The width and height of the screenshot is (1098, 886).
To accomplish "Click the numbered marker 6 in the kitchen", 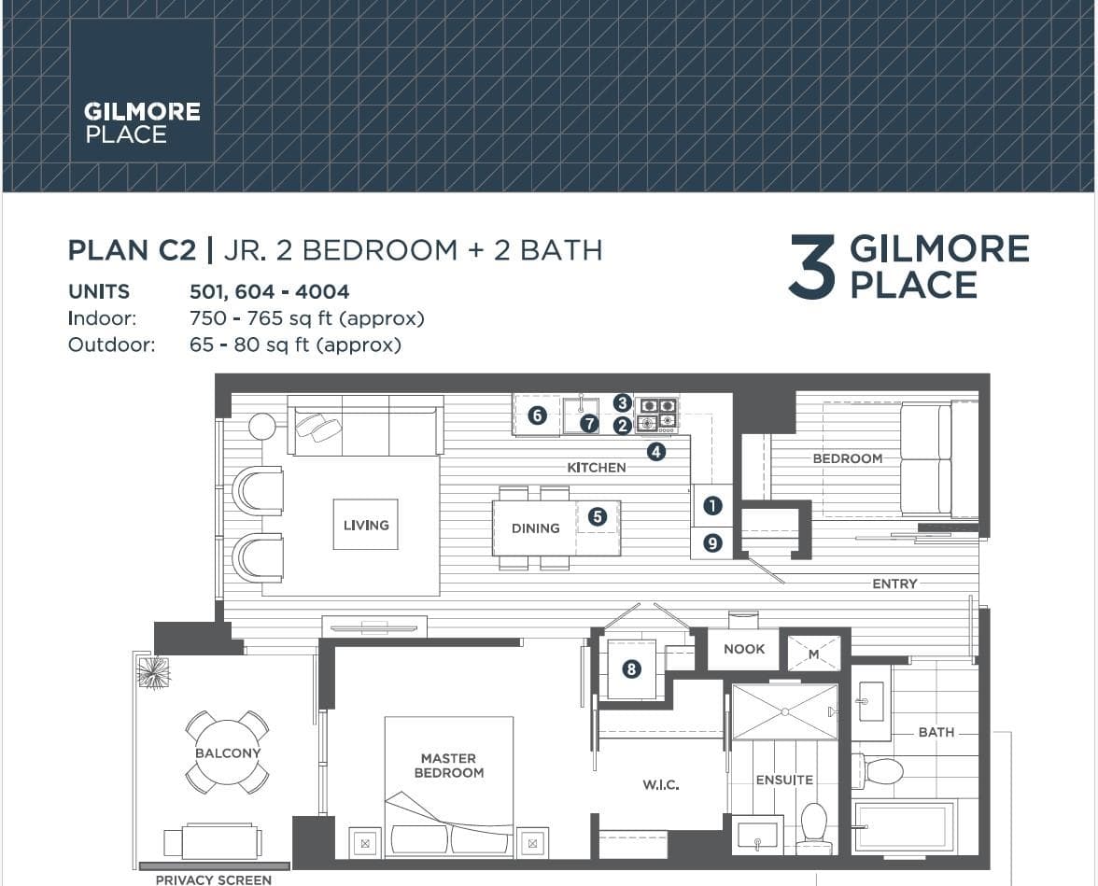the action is [x=537, y=415].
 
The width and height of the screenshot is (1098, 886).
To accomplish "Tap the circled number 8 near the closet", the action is [x=631, y=668].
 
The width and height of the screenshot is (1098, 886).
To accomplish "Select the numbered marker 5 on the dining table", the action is [x=597, y=517].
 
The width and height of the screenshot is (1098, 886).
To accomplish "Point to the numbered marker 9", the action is [x=712, y=542].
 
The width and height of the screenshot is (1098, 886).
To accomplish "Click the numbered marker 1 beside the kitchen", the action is [x=712, y=506].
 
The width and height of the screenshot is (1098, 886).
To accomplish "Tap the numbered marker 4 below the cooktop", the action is [x=655, y=452].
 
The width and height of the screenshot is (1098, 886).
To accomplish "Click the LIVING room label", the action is [x=366, y=526].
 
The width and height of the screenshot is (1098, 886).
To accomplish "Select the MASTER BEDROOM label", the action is [x=449, y=766].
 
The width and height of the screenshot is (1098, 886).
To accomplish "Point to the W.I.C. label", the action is [x=661, y=785].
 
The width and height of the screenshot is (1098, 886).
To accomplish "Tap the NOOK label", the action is [x=744, y=649].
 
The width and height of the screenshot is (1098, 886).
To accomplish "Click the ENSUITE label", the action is [x=784, y=781].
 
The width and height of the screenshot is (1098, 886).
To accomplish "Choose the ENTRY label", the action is [x=894, y=584].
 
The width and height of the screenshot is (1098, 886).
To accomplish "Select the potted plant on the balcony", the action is [x=153, y=673].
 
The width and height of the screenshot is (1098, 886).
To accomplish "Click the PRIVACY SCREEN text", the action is [x=214, y=879].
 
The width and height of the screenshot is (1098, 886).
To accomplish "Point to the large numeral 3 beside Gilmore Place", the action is [x=813, y=267].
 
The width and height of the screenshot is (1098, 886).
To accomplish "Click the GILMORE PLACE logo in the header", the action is [x=142, y=122].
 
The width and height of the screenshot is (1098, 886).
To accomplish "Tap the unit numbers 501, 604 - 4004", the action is [x=270, y=291].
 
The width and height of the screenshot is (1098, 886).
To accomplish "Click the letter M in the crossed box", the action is [x=814, y=654].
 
